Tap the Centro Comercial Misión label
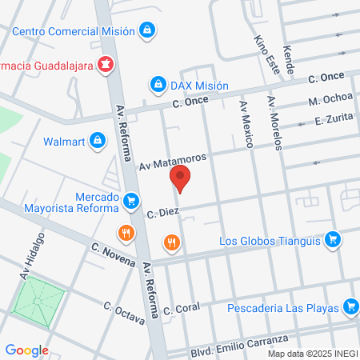[75, 32]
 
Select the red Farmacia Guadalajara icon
[105, 63]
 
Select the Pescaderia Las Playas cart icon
[349, 306]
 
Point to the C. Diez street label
[161, 214]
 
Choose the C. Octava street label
[124, 311]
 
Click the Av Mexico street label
[246, 124]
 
